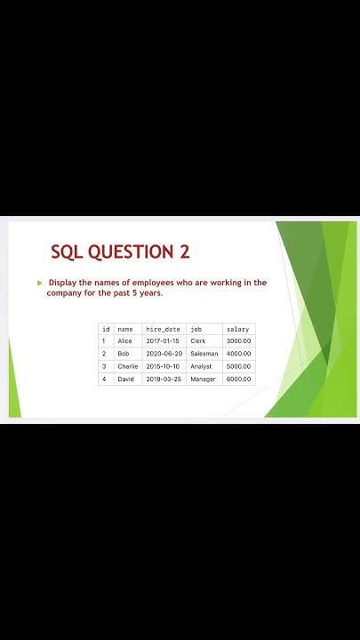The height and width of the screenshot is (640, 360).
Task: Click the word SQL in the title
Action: click(68, 252)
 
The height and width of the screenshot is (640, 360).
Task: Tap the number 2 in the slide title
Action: click(185, 252)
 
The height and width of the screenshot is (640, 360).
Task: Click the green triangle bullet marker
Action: click(39, 283)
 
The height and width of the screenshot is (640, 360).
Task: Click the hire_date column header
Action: click(163, 329)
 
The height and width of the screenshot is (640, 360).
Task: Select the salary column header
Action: click(237, 329)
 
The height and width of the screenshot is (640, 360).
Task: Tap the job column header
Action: click(196, 329)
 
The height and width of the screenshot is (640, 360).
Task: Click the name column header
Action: click(125, 329)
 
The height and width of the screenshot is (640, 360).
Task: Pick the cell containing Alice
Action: click(124, 341)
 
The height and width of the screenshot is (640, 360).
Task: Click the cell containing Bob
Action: click(124, 354)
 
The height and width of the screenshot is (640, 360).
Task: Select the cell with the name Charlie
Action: click(128, 366)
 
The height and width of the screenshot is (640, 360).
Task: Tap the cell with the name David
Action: click(125, 379)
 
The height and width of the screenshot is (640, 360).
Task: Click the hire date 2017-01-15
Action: click(163, 341)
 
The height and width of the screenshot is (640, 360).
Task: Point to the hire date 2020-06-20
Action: click(163, 354)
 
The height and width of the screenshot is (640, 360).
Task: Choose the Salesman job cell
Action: click(204, 354)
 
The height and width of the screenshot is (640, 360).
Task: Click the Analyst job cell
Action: click(201, 366)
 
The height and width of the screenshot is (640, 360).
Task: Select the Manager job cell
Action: click(203, 379)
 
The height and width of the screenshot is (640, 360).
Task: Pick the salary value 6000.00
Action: click(238, 379)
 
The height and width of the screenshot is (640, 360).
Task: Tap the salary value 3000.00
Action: click(238, 341)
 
